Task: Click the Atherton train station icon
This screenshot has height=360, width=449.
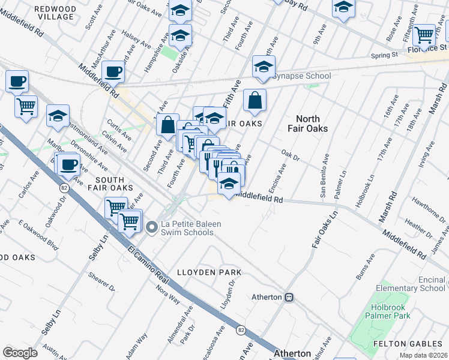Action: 289,297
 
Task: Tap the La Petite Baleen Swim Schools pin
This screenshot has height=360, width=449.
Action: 151,226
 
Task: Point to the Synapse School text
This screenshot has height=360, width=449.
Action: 302,76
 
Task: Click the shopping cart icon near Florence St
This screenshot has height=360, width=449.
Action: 424,36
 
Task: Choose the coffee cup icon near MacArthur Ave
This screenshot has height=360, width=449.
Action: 113,73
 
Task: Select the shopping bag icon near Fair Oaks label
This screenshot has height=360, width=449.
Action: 255,101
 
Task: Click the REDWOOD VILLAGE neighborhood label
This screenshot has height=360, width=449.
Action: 55,13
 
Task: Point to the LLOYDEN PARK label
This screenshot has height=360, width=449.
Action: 209,272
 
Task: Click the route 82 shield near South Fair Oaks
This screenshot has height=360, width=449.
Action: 64,187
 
